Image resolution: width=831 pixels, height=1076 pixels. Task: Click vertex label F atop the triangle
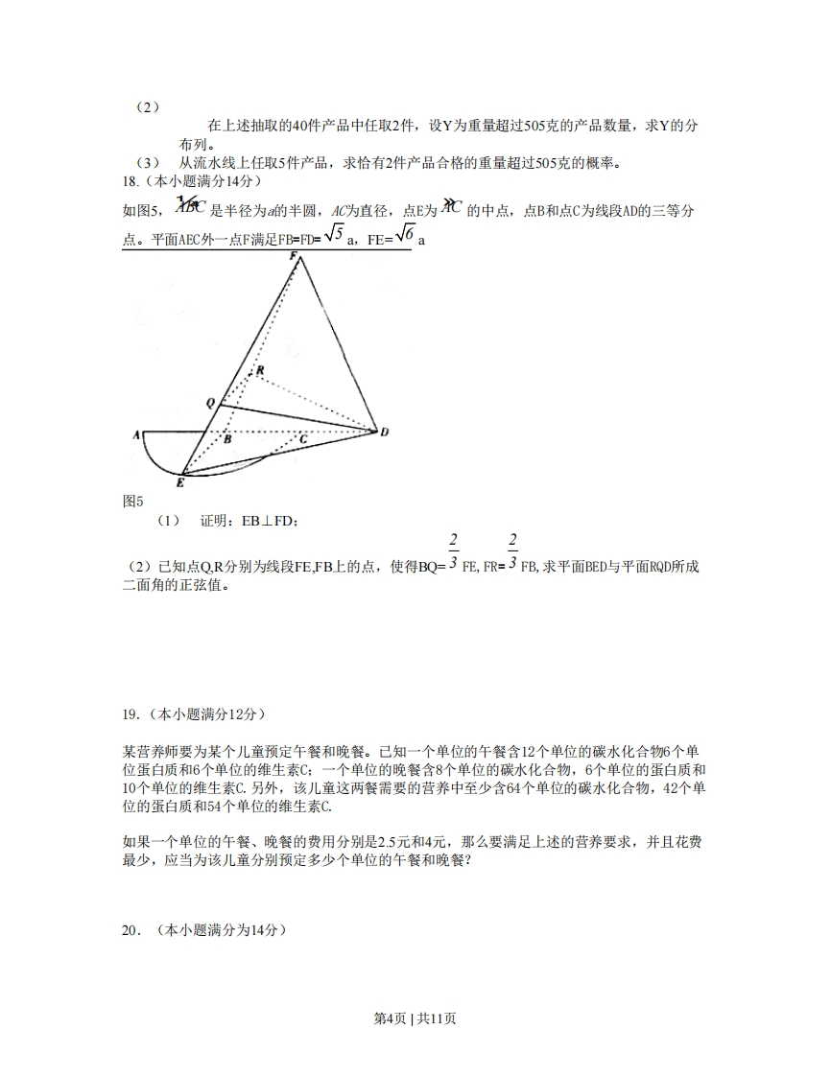[295, 255]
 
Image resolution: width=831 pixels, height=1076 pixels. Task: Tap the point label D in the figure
[384, 433]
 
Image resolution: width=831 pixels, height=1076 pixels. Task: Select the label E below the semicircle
[180, 483]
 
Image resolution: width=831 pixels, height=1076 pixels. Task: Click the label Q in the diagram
[210, 404]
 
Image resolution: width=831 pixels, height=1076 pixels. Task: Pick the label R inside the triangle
[259, 370]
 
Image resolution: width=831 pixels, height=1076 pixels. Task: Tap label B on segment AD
[227, 440]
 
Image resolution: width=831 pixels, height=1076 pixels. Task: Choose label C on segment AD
[302, 439]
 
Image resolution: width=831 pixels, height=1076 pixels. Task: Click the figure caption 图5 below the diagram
[133, 501]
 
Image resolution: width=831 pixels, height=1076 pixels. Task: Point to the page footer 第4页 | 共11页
[415, 1018]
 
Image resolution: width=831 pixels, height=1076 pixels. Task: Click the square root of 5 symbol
[331, 234]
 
